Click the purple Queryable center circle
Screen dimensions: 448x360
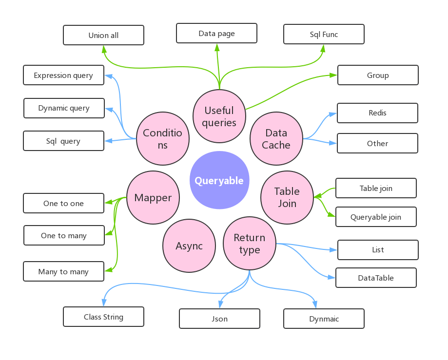[x=219, y=180]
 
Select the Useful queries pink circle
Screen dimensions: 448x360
[x=219, y=116]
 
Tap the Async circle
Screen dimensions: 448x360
[x=189, y=246]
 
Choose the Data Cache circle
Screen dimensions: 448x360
[x=276, y=138]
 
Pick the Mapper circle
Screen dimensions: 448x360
[x=153, y=198]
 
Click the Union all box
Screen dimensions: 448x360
[x=103, y=35]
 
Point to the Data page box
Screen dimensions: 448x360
[x=216, y=33]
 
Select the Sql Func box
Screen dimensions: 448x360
[x=324, y=34]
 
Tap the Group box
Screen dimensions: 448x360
[x=378, y=75]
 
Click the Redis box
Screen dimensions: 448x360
[x=377, y=113]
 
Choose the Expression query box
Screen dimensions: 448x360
[x=63, y=75]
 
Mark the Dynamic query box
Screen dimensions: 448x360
[x=64, y=108]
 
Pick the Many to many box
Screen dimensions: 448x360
[x=63, y=271]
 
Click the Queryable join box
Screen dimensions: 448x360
[x=376, y=217]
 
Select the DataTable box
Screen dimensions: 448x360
[x=376, y=278]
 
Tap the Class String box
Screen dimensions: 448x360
[x=103, y=317]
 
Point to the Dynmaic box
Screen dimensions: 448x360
[x=324, y=319]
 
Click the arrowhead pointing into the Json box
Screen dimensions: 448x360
[x=220, y=304]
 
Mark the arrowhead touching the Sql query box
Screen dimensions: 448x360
[x=109, y=141]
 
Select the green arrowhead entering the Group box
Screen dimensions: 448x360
[x=333, y=76]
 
